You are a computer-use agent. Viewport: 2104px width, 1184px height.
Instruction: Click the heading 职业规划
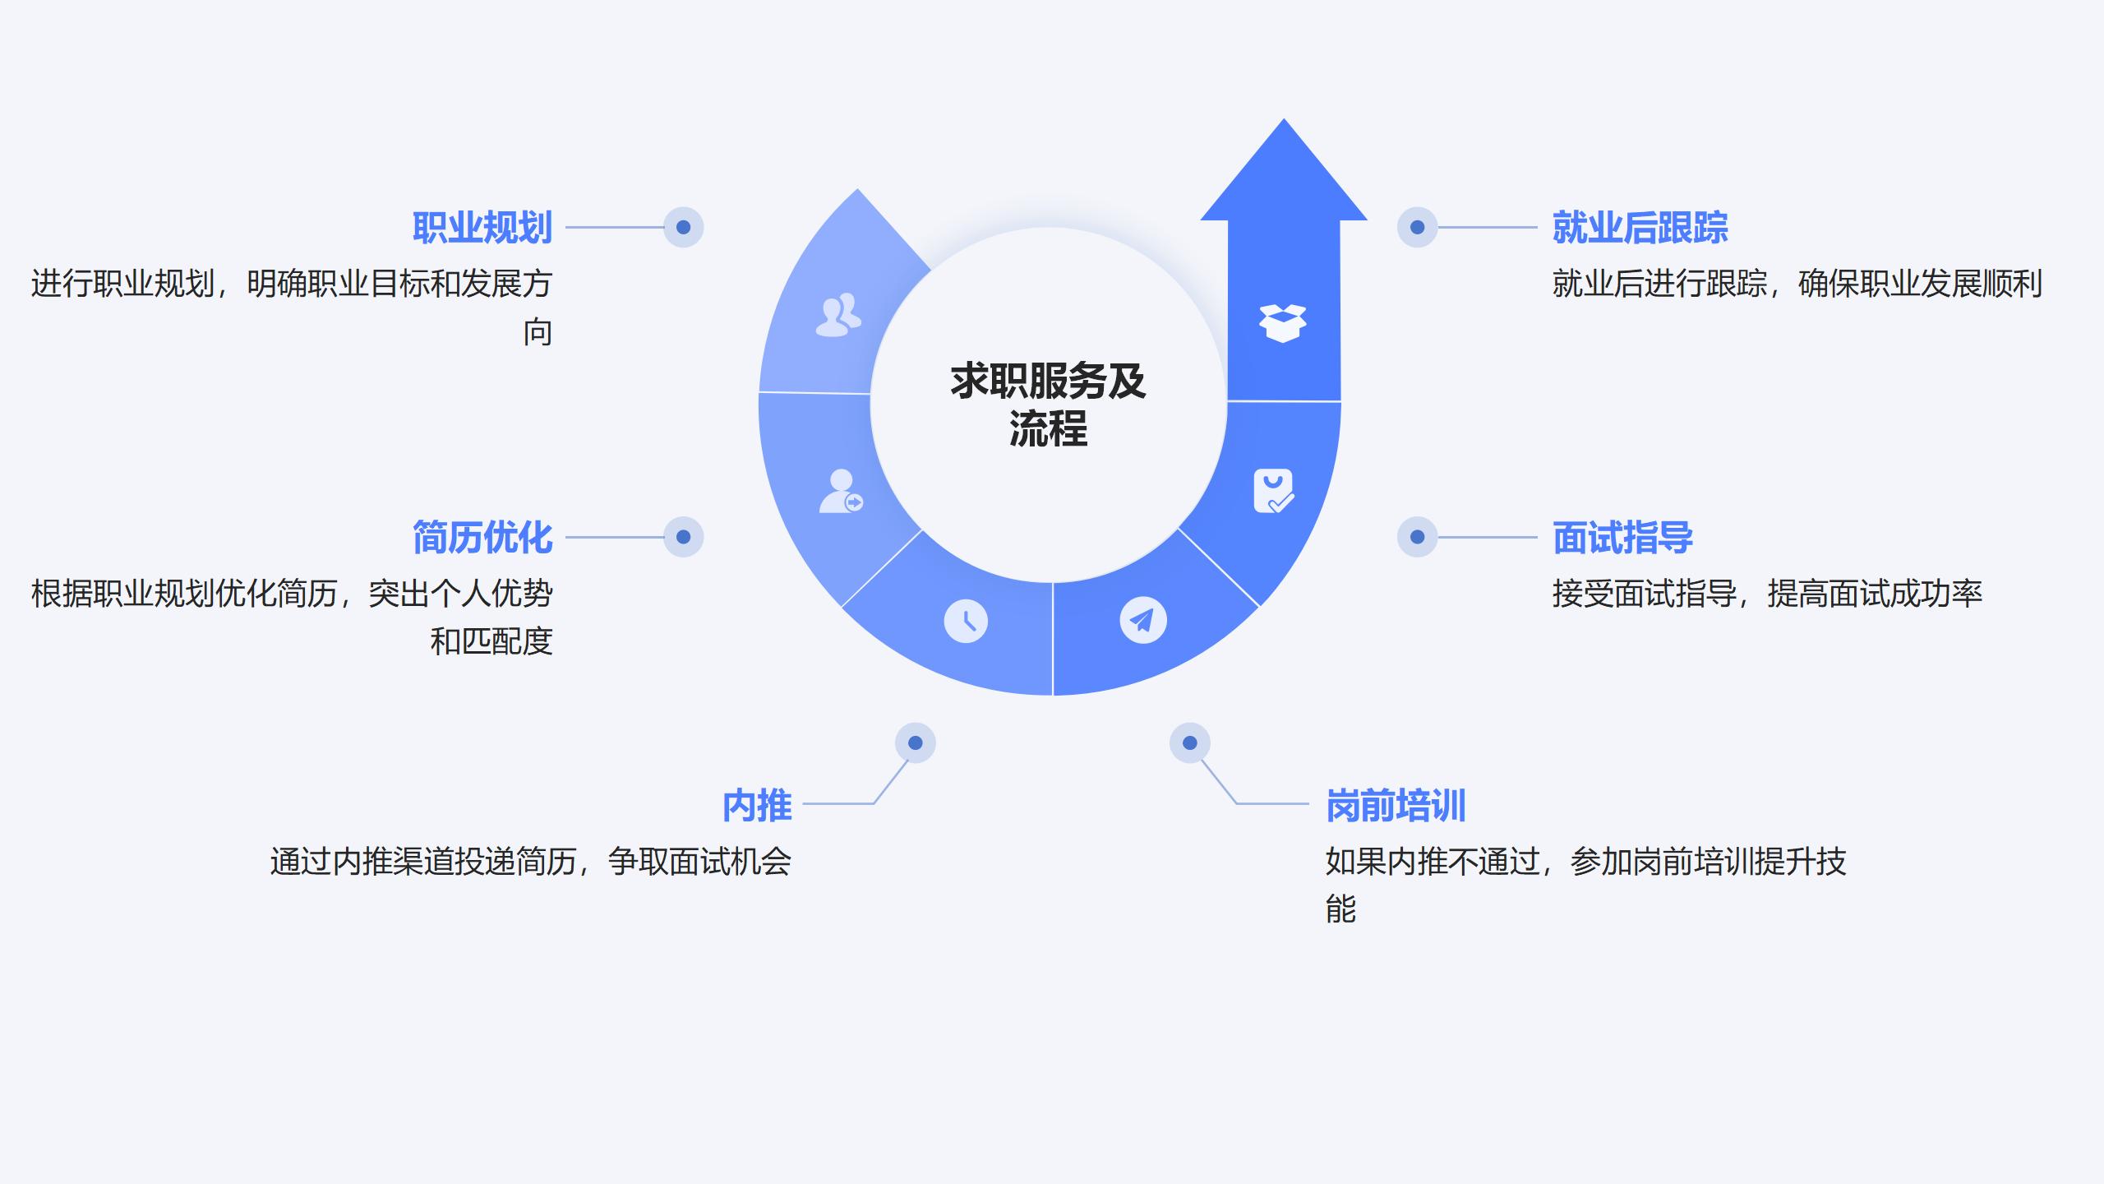pyautogui.click(x=482, y=228)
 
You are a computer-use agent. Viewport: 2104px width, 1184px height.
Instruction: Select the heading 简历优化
pyautogui.click(x=482, y=538)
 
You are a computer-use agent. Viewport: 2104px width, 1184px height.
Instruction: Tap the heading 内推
pyautogui.click(x=757, y=806)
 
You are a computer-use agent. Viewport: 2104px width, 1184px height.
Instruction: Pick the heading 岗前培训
pyautogui.click(x=1396, y=806)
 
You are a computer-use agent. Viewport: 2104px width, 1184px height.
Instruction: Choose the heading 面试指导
pyautogui.click(x=1622, y=538)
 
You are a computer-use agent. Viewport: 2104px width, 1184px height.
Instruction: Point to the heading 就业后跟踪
pyautogui.click(x=1640, y=228)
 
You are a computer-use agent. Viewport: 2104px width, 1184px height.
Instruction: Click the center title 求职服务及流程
pyautogui.click(x=1048, y=405)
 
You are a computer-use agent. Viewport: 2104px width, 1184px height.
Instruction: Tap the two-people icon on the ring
pyautogui.click(x=838, y=315)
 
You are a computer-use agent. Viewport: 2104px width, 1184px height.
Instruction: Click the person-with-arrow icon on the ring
pyautogui.click(x=841, y=492)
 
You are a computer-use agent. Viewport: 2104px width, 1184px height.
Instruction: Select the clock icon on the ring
pyautogui.click(x=966, y=621)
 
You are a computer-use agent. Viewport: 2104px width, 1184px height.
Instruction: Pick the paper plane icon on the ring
pyautogui.click(x=1142, y=620)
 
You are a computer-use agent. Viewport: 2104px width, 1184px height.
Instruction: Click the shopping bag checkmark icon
pyautogui.click(x=1273, y=491)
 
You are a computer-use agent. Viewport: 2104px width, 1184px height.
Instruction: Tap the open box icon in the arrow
pyautogui.click(x=1282, y=322)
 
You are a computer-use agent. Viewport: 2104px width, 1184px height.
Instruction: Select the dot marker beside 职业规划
pyautogui.click(x=683, y=227)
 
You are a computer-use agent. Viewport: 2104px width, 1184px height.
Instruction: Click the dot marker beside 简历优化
pyautogui.click(x=683, y=537)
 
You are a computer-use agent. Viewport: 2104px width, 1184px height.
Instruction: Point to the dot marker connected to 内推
pyautogui.click(x=915, y=743)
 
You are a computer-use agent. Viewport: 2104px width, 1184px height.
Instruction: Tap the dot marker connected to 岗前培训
pyautogui.click(x=1189, y=743)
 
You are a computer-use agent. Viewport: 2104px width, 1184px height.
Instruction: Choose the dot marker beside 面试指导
pyautogui.click(x=1417, y=537)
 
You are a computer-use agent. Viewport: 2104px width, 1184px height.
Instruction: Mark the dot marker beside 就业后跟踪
pyautogui.click(x=1417, y=227)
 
